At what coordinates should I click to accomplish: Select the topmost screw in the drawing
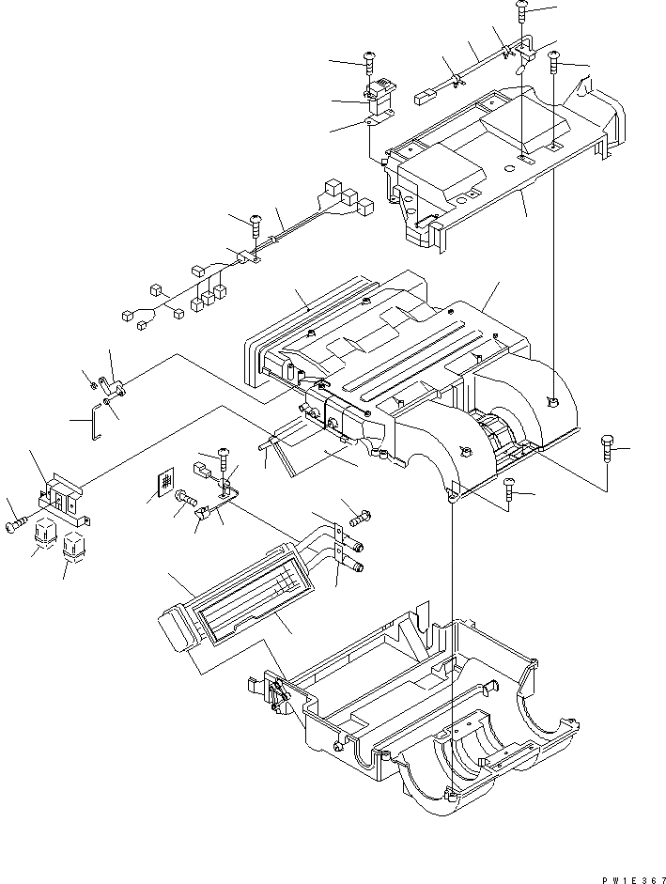[x=523, y=14]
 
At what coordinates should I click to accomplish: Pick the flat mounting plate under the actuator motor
[x=378, y=117]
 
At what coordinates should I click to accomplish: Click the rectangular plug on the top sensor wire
[x=424, y=93]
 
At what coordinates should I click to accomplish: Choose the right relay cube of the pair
[x=73, y=545]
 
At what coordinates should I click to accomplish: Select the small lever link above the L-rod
[x=112, y=387]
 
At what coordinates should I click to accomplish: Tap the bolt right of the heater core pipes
[x=360, y=517]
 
